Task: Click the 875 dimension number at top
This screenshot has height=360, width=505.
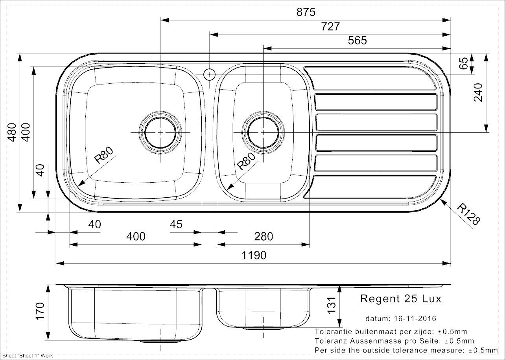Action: [x=306, y=12]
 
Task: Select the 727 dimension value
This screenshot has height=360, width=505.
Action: [x=330, y=27]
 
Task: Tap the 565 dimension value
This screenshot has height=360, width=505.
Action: [x=358, y=40]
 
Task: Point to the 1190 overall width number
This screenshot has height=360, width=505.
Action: [x=254, y=255]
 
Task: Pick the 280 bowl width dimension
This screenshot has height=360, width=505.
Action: [x=264, y=237]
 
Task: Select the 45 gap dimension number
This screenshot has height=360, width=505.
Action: [x=176, y=224]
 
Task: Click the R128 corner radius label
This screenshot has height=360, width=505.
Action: [x=468, y=214]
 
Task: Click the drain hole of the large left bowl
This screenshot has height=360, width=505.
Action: [x=160, y=132]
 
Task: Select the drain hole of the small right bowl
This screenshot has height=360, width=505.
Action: [x=263, y=132]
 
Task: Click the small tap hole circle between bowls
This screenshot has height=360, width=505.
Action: [x=209, y=74]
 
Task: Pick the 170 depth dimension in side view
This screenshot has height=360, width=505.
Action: [x=40, y=311]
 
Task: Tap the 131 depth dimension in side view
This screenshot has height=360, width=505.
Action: [x=332, y=305]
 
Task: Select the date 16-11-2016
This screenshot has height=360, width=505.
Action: [x=415, y=319]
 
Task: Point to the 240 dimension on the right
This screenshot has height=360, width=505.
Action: [x=478, y=92]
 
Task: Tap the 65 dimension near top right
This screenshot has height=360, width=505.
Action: [x=464, y=64]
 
